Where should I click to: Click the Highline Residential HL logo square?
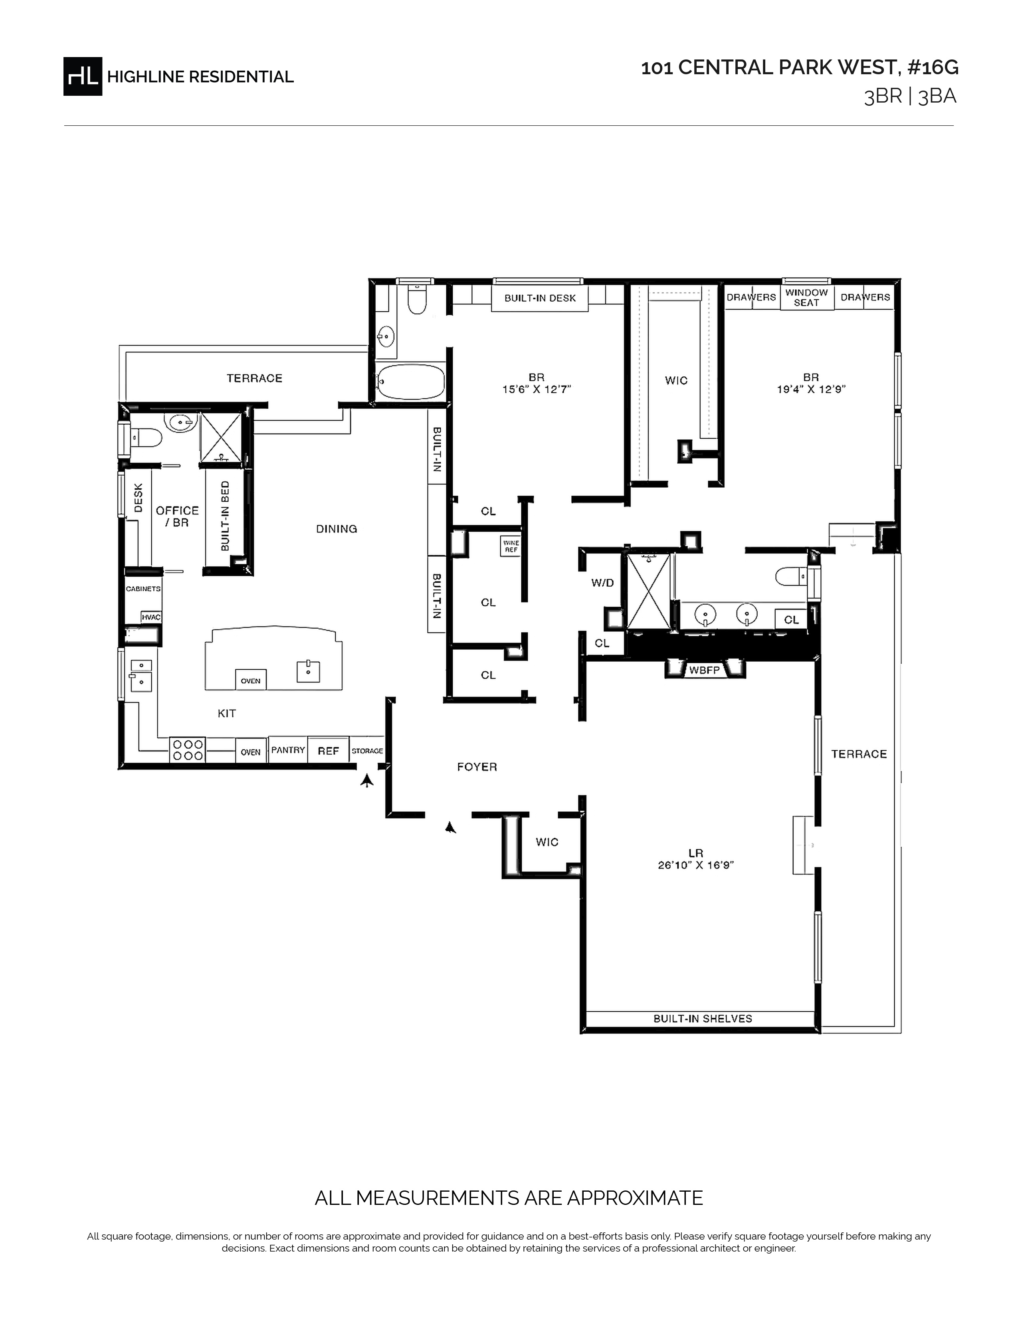(x=83, y=77)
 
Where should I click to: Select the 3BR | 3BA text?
(x=910, y=97)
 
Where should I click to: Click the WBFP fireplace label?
(x=704, y=669)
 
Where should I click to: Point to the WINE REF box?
(x=511, y=546)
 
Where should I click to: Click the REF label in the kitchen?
(x=328, y=751)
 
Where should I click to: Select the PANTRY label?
(x=288, y=749)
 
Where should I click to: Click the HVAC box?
(x=151, y=617)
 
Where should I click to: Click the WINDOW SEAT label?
(x=806, y=298)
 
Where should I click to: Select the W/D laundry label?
(x=602, y=583)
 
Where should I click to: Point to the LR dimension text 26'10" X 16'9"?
(x=696, y=865)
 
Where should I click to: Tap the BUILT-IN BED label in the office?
(x=225, y=516)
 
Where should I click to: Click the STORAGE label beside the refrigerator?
(x=367, y=751)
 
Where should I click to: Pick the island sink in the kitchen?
(x=308, y=671)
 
